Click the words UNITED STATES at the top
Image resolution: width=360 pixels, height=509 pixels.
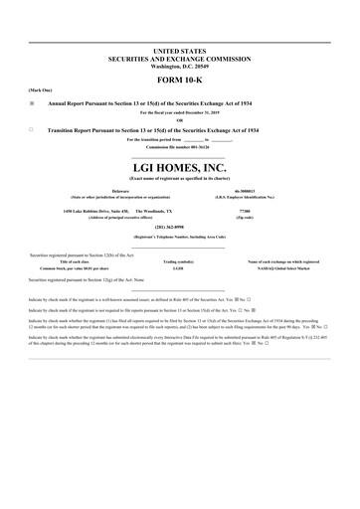(180, 49)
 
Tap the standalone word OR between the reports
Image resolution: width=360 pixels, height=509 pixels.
(180, 121)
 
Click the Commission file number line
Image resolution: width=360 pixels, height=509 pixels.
(180, 148)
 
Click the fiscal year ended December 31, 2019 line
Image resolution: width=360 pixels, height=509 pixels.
(180, 112)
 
